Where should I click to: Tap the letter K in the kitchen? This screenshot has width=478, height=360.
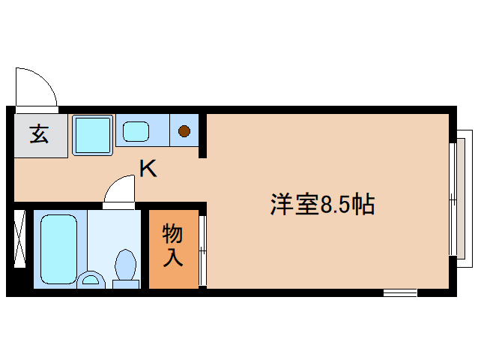(148, 169)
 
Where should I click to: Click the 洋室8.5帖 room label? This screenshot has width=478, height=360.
(322, 204)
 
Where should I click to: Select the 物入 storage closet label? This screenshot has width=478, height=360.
(173, 245)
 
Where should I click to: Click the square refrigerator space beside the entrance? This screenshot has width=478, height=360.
(92, 134)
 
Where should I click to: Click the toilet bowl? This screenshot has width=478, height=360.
(125, 265)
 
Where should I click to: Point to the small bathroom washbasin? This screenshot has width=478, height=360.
(91, 280)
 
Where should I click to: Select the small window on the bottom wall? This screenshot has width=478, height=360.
(399, 292)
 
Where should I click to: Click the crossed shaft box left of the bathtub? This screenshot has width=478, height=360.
(19, 239)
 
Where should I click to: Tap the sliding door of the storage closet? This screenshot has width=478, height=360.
(202, 250)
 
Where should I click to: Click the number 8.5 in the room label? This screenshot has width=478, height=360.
(335, 204)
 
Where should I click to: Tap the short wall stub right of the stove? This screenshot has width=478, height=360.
(202, 134)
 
